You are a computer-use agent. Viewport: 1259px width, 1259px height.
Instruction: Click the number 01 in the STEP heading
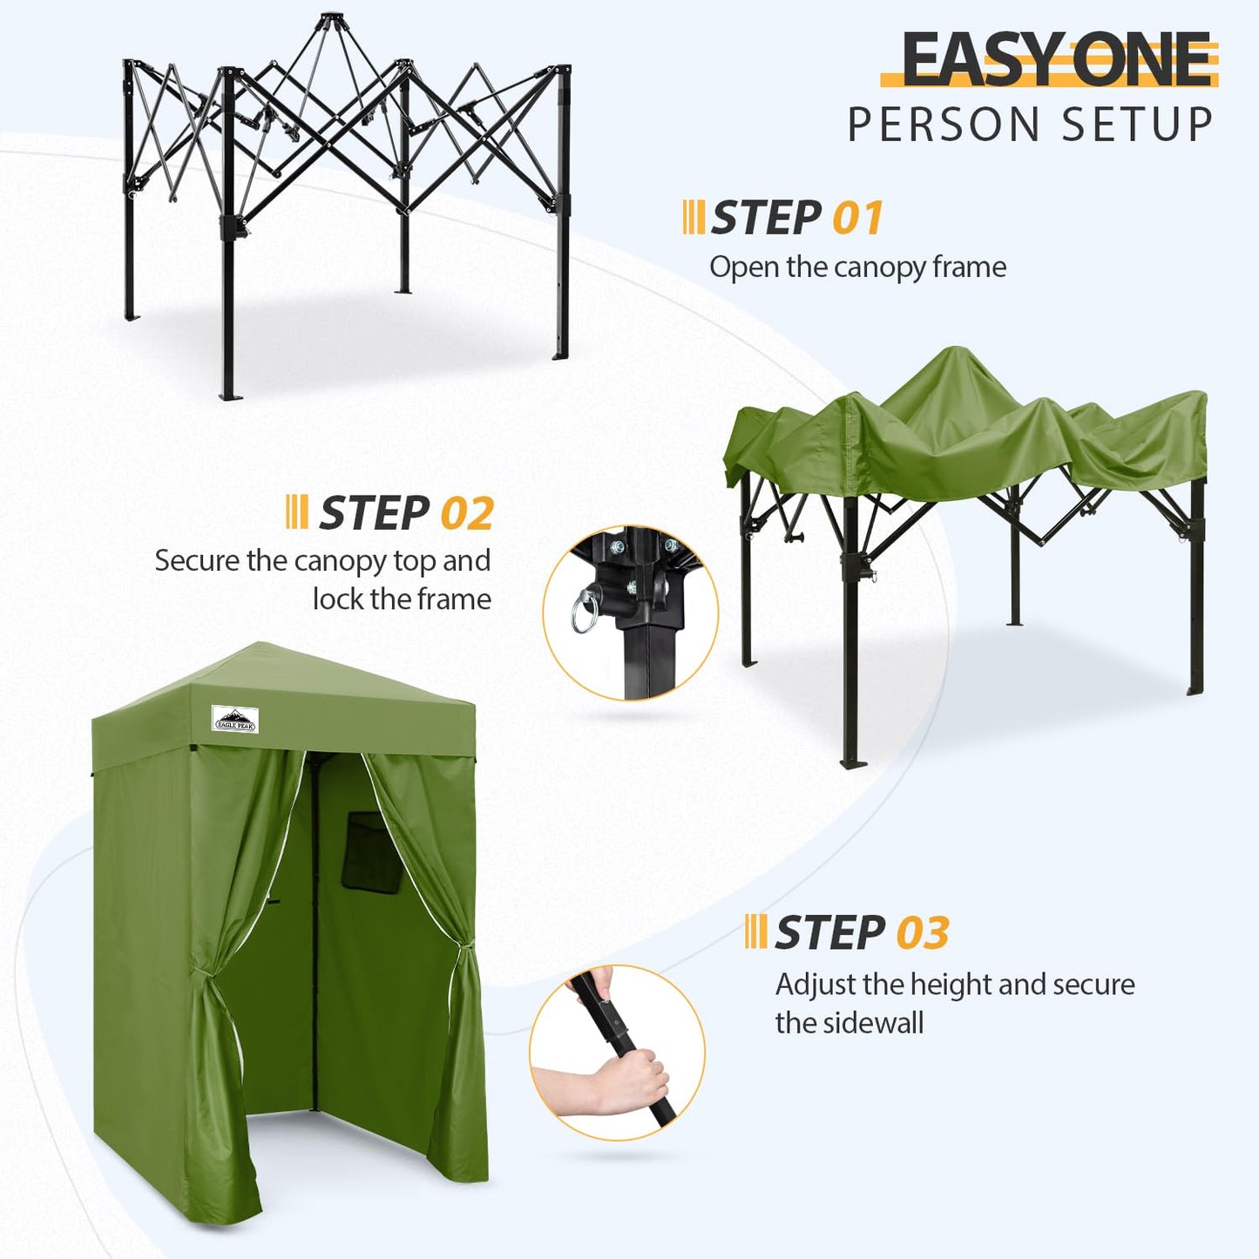click(x=857, y=218)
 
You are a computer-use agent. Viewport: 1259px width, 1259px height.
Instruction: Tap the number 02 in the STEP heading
click(x=467, y=513)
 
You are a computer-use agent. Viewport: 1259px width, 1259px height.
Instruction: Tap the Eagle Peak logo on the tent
click(x=235, y=719)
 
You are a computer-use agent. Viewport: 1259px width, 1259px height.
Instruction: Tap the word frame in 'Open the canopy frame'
click(x=969, y=267)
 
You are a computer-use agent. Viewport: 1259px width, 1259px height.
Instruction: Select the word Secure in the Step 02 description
click(x=197, y=560)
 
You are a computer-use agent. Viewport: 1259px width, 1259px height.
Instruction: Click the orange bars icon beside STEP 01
click(x=694, y=217)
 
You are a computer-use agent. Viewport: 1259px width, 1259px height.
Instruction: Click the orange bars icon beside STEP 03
click(x=756, y=931)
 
